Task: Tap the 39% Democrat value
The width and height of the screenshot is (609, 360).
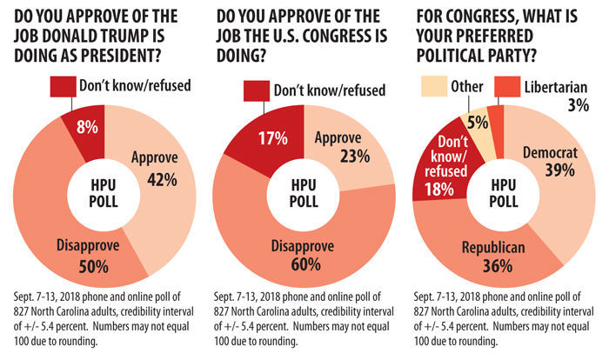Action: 554,171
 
